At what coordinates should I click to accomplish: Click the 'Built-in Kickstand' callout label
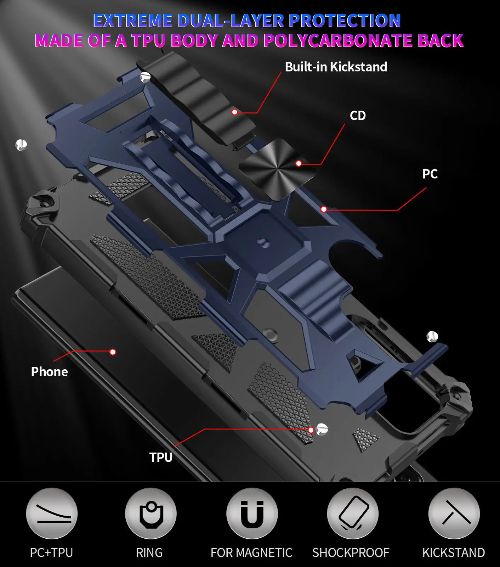tap(336, 67)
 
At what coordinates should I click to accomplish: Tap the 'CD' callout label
tap(358, 116)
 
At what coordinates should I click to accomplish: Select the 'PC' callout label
tap(430, 174)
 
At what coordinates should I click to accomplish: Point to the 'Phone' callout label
tap(50, 372)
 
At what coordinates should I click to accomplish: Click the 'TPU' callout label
tap(161, 457)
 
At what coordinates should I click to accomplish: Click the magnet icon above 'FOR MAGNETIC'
tap(252, 513)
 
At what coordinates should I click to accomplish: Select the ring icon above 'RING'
tap(151, 513)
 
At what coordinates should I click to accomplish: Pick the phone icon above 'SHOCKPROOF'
tap(353, 513)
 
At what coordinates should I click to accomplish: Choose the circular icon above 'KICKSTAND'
tap(454, 513)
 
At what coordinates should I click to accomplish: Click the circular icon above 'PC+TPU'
tap(52, 513)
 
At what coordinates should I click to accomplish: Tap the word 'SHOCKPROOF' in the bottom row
tap(351, 552)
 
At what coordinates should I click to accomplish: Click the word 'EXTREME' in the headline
tap(133, 21)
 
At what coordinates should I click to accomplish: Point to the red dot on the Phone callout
tap(113, 352)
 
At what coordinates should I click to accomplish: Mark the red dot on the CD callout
tap(299, 163)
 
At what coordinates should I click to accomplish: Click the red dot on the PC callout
tap(324, 209)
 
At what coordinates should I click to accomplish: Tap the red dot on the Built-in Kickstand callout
tap(234, 112)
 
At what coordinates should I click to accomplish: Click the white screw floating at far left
tap(21, 144)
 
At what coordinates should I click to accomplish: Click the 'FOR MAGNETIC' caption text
tap(251, 552)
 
